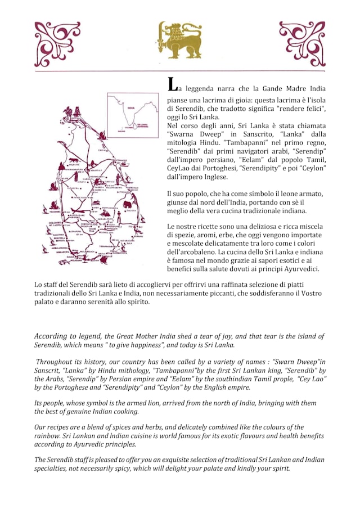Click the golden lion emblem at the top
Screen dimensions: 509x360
click(x=179, y=40)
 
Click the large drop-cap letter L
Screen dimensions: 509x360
click(x=174, y=84)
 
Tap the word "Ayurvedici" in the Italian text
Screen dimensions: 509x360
click(x=300, y=269)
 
